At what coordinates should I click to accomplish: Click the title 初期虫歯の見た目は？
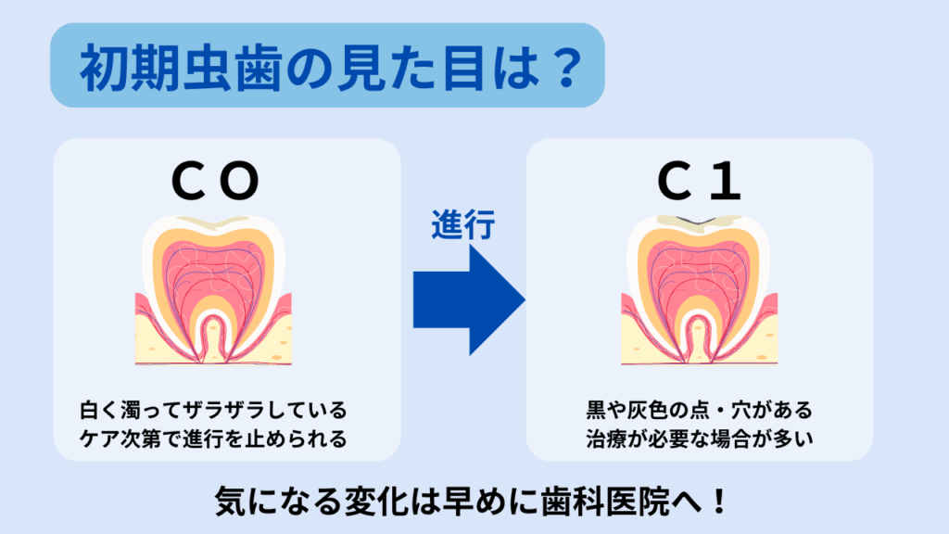click(331, 67)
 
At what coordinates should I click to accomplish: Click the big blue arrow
click(469, 299)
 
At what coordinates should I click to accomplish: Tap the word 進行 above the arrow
click(463, 224)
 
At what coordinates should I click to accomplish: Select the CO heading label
click(215, 181)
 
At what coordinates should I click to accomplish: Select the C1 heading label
click(699, 181)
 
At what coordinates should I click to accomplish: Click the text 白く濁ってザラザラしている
click(214, 410)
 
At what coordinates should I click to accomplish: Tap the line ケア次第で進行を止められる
click(214, 439)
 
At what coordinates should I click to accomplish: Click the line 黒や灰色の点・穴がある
click(699, 410)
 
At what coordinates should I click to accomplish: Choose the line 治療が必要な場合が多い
click(699, 439)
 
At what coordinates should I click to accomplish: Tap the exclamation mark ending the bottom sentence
click(719, 502)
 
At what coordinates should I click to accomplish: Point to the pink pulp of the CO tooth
click(213, 273)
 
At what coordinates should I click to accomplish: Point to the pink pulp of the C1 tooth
click(699, 273)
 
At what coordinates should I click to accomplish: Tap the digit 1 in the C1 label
click(726, 181)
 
